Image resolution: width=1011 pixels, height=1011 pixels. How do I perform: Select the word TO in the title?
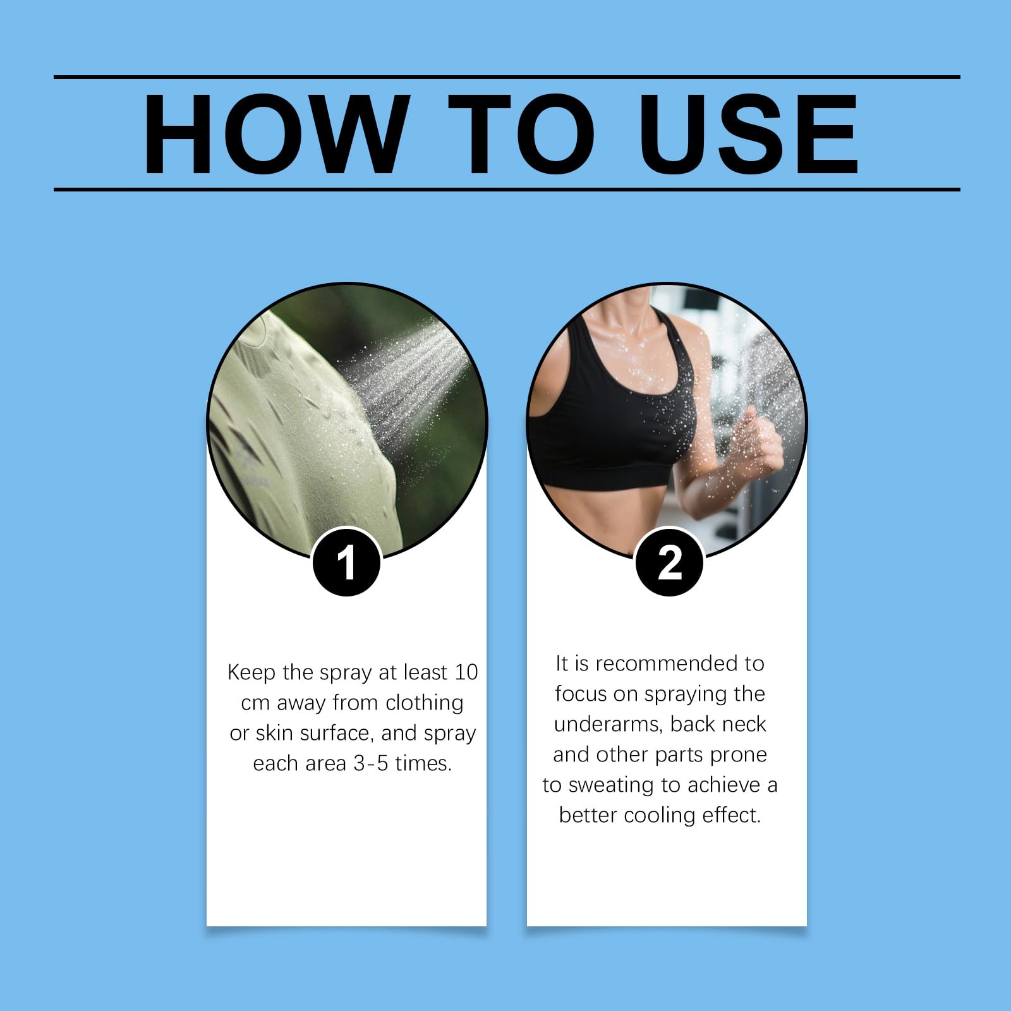tap(521, 133)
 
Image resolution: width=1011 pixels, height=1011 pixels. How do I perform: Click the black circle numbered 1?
tap(346, 562)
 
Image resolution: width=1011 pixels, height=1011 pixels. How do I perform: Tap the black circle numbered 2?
tap(669, 562)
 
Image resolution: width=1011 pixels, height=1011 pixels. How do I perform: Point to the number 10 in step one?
tap(465, 672)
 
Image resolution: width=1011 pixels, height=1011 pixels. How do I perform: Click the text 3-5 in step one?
tap(370, 763)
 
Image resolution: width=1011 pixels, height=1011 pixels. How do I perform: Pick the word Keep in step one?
tap(251, 672)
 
